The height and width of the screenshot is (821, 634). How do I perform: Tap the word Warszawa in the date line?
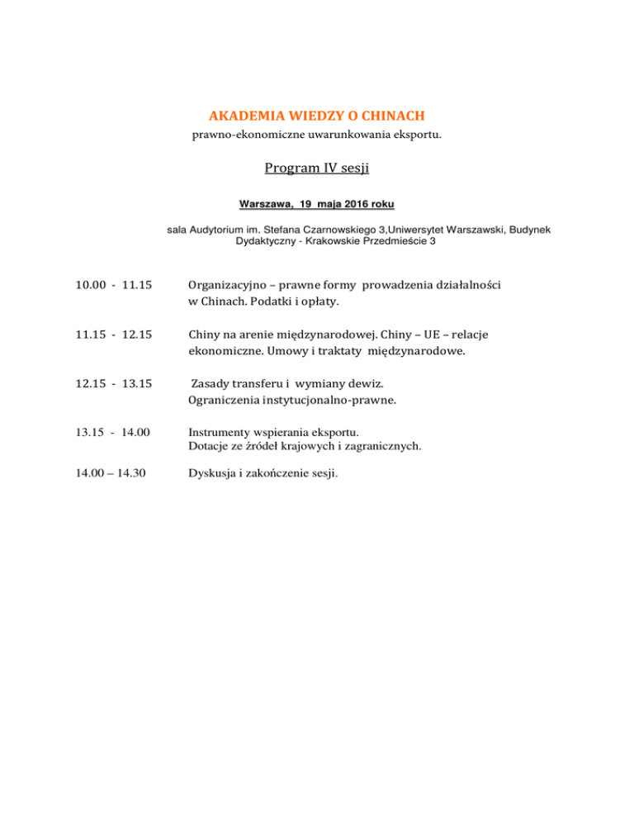[266, 203]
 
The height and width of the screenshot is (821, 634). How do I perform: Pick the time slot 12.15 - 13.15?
[114, 384]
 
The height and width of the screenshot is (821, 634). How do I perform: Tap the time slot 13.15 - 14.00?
[114, 433]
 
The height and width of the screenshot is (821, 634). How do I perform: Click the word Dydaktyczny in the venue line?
[265, 242]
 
